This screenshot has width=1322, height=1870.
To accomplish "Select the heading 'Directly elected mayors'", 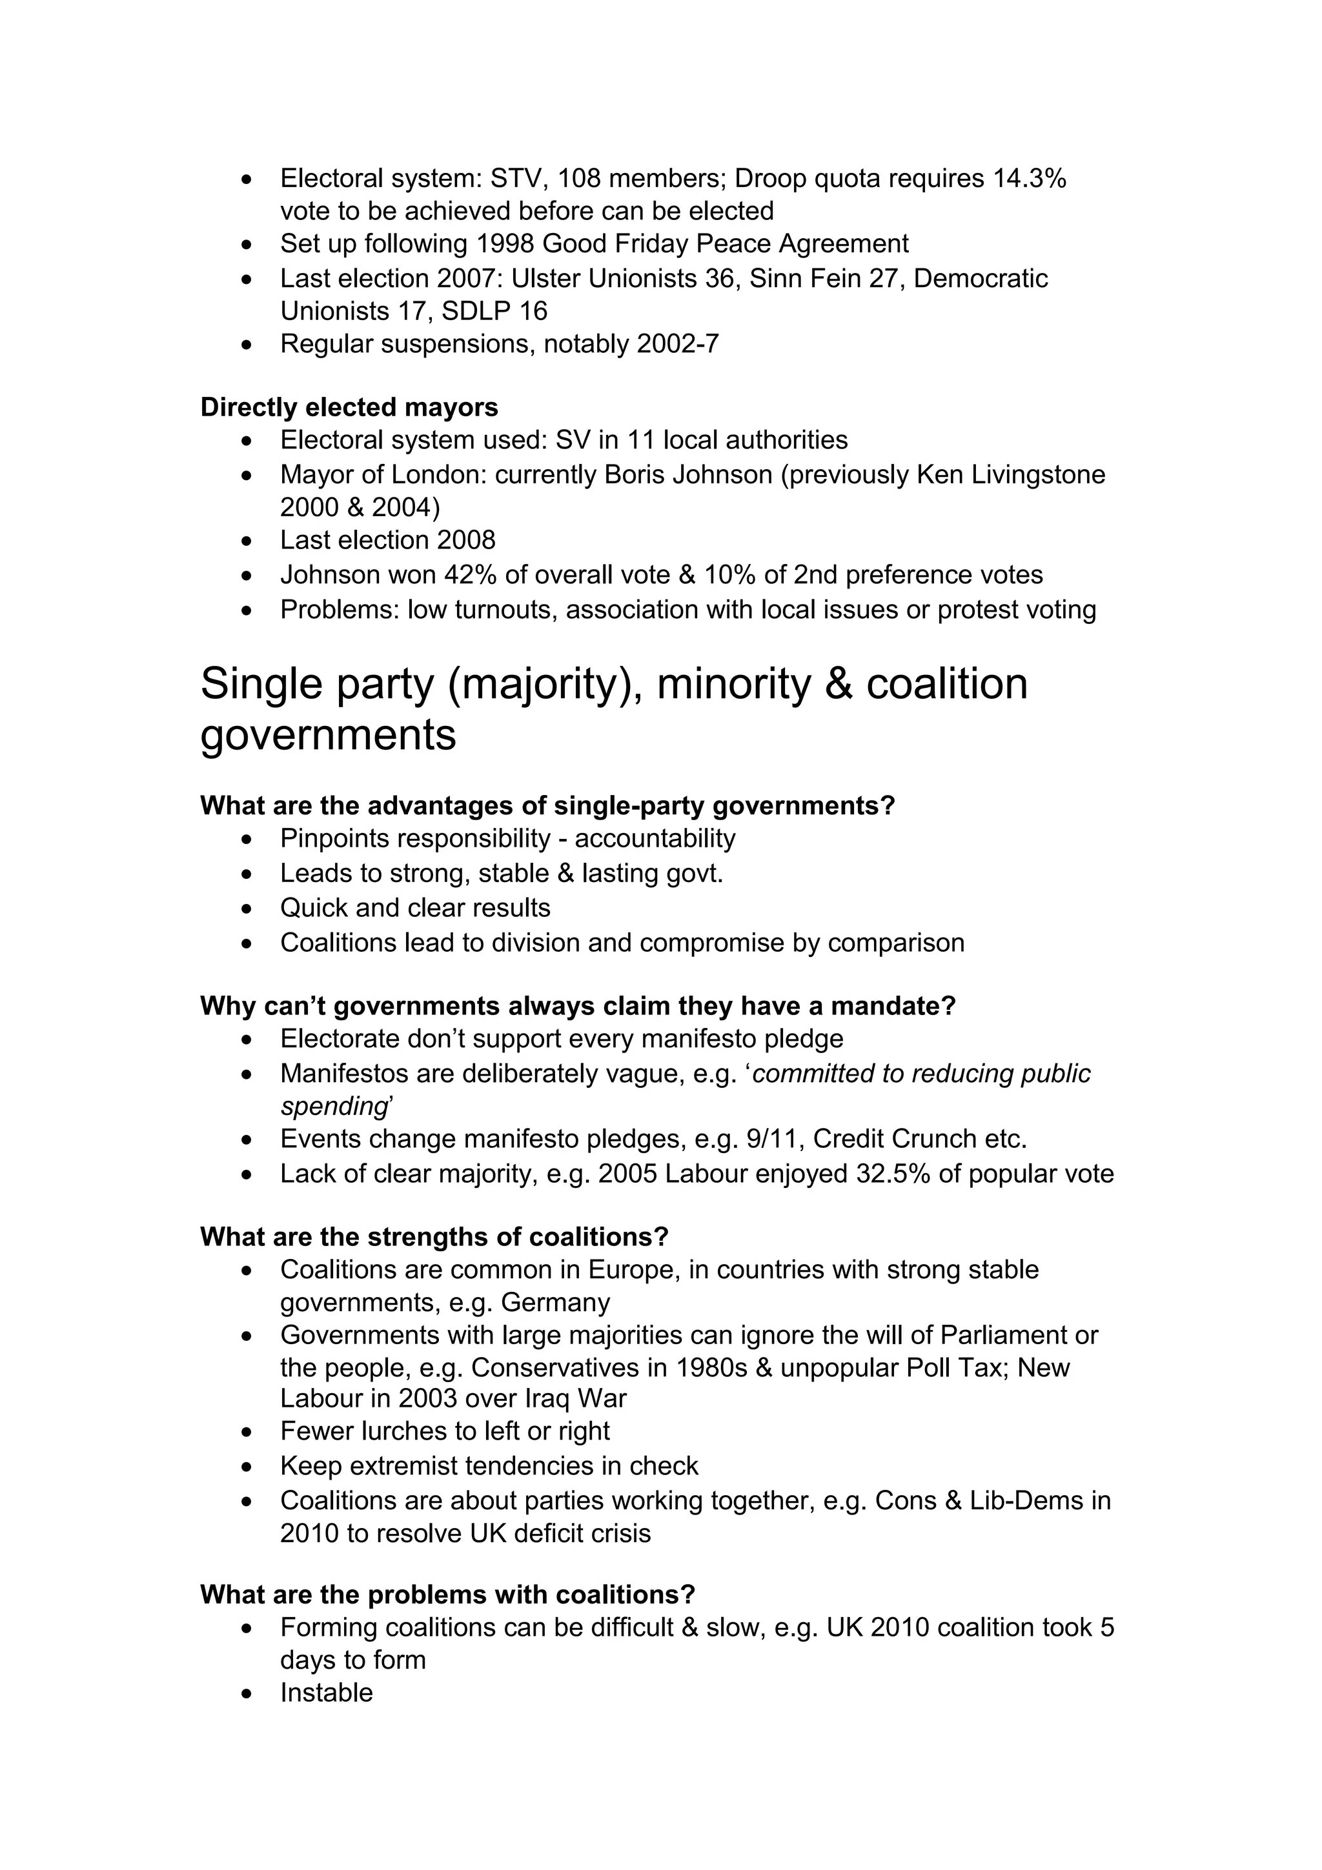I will (349, 407).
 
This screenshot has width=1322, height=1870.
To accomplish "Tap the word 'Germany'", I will (554, 1302).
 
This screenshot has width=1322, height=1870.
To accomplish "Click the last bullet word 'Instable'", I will (326, 1693).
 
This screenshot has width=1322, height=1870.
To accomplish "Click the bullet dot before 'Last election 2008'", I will (249, 541).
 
